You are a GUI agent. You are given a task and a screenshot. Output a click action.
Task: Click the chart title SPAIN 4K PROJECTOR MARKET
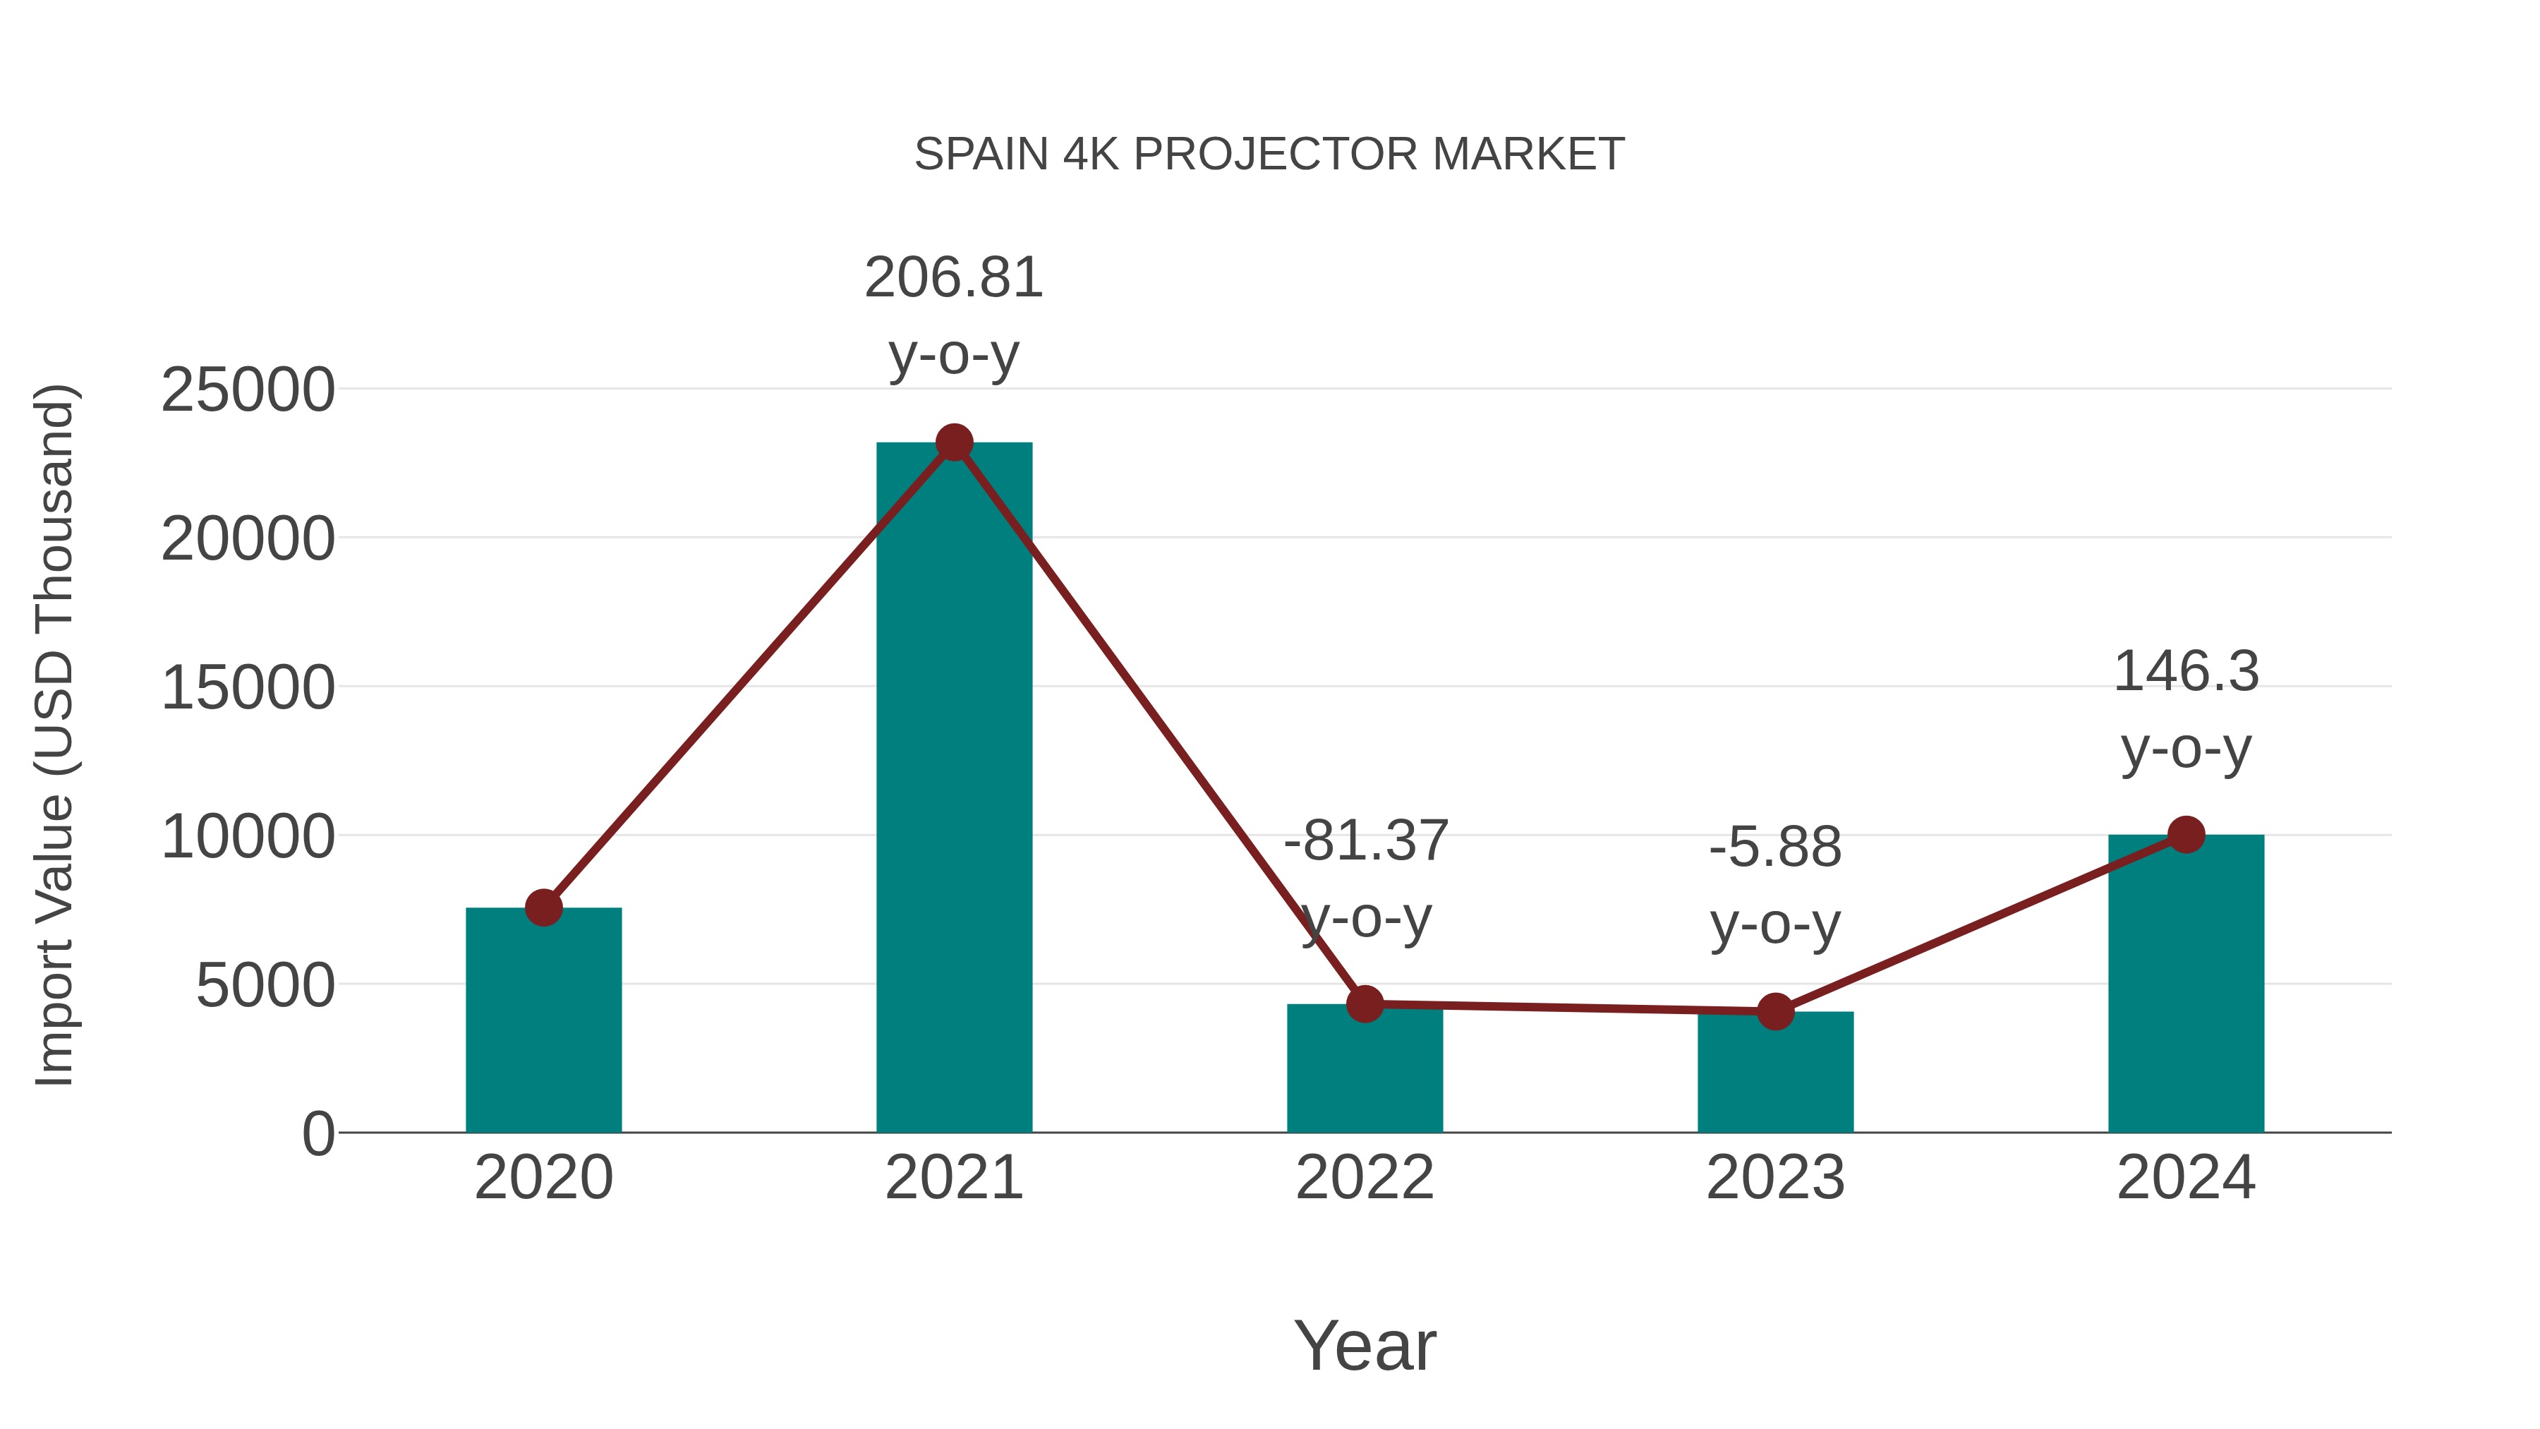tap(1269, 155)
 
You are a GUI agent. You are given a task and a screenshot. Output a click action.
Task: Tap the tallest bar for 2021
tap(953, 789)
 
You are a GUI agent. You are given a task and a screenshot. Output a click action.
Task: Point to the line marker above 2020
tap(543, 908)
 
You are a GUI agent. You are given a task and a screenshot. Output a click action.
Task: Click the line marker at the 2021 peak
tap(953, 442)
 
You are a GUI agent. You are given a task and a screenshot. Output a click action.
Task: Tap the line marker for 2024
tap(2186, 834)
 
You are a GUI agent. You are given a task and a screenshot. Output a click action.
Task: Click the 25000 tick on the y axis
tap(248, 390)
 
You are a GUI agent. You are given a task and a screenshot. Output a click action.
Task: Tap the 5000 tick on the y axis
tap(265, 985)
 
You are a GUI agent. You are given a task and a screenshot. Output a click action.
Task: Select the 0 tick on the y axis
tap(318, 1134)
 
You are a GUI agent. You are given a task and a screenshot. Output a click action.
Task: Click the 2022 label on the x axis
tap(1365, 1178)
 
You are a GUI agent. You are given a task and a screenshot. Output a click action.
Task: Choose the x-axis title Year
tap(1365, 1345)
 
